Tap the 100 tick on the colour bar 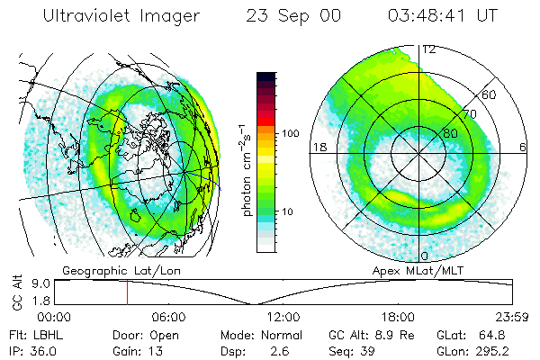point(291,132)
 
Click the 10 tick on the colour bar point(288,211)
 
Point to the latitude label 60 point(490,94)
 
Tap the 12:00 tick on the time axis point(283,317)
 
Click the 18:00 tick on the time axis point(397,317)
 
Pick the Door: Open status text point(144,335)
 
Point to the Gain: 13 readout point(139,350)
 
